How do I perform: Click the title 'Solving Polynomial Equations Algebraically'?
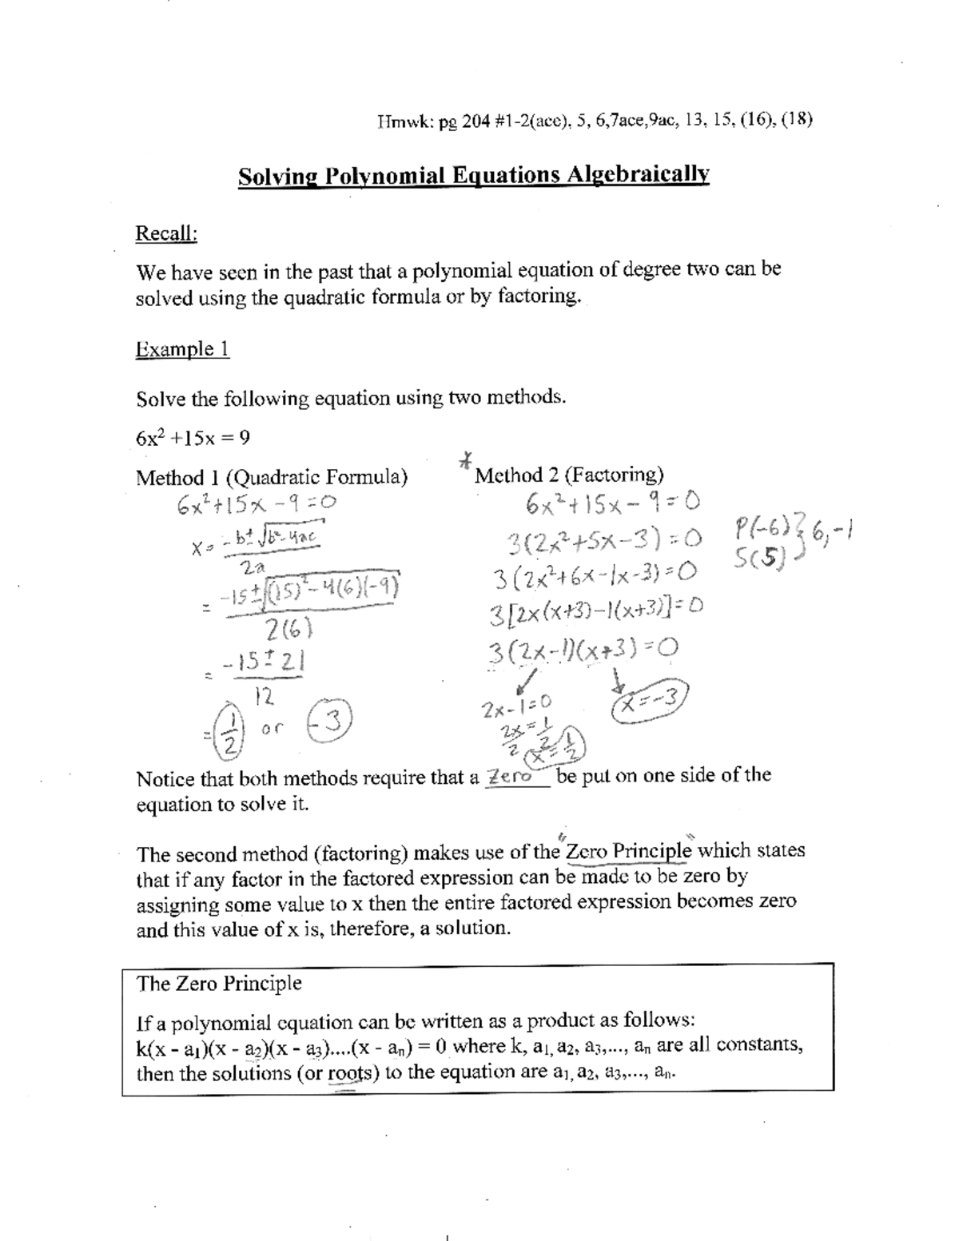point(473,175)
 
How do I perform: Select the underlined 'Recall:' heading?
point(166,233)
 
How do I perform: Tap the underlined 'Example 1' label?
point(183,349)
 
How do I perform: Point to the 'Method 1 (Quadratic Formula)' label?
point(272,478)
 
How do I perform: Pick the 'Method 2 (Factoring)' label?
point(568,475)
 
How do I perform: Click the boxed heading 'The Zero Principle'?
point(219,983)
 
